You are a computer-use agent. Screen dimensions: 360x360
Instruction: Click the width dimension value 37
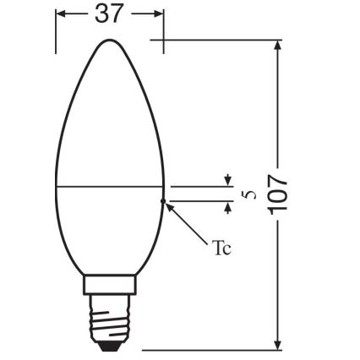point(109,15)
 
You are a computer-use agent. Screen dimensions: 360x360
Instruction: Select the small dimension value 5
point(248,194)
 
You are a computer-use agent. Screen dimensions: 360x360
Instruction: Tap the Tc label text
point(221,248)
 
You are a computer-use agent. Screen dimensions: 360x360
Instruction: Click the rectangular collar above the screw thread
point(109,286)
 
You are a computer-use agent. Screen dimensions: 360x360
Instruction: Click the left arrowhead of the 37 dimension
point(61,15)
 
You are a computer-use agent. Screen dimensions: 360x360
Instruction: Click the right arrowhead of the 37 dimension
point(158,15)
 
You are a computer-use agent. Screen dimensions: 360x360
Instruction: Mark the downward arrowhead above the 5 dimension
point(226,180)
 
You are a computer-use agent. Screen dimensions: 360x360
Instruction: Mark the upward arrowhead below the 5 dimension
point(226,205)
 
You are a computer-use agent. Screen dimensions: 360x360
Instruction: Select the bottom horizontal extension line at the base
point(211,348)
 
